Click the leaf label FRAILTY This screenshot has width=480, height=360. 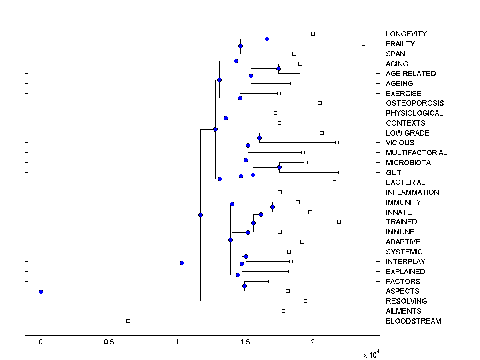point(400,44)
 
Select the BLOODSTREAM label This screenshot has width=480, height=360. point(413,321)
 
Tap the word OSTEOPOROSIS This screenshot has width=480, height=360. point(414,103)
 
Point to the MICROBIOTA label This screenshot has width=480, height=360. point(408,163)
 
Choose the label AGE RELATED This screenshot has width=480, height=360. point(410,74)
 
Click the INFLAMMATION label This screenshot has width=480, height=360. point(412,192)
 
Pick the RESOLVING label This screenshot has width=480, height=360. point(406,301)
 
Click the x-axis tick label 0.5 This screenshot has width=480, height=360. point(109,342)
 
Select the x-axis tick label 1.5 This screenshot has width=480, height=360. point(245,342)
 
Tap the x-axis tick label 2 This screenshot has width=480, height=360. point(313,342)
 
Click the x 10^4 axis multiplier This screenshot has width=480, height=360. point(371,354)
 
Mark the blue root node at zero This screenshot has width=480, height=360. point(41,292)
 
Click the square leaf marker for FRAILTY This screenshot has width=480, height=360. point(363,44)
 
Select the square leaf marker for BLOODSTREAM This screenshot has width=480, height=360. point(128,321)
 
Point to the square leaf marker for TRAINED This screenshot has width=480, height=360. point(339,222)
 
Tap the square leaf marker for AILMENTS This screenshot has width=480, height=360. point(283,311)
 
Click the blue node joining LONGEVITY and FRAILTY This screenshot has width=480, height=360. point(267,39)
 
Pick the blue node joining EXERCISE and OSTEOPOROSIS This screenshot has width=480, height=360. point(240,98)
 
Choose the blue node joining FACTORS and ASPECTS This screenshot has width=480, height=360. point(244,286)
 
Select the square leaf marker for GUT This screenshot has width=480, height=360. point(340,172)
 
